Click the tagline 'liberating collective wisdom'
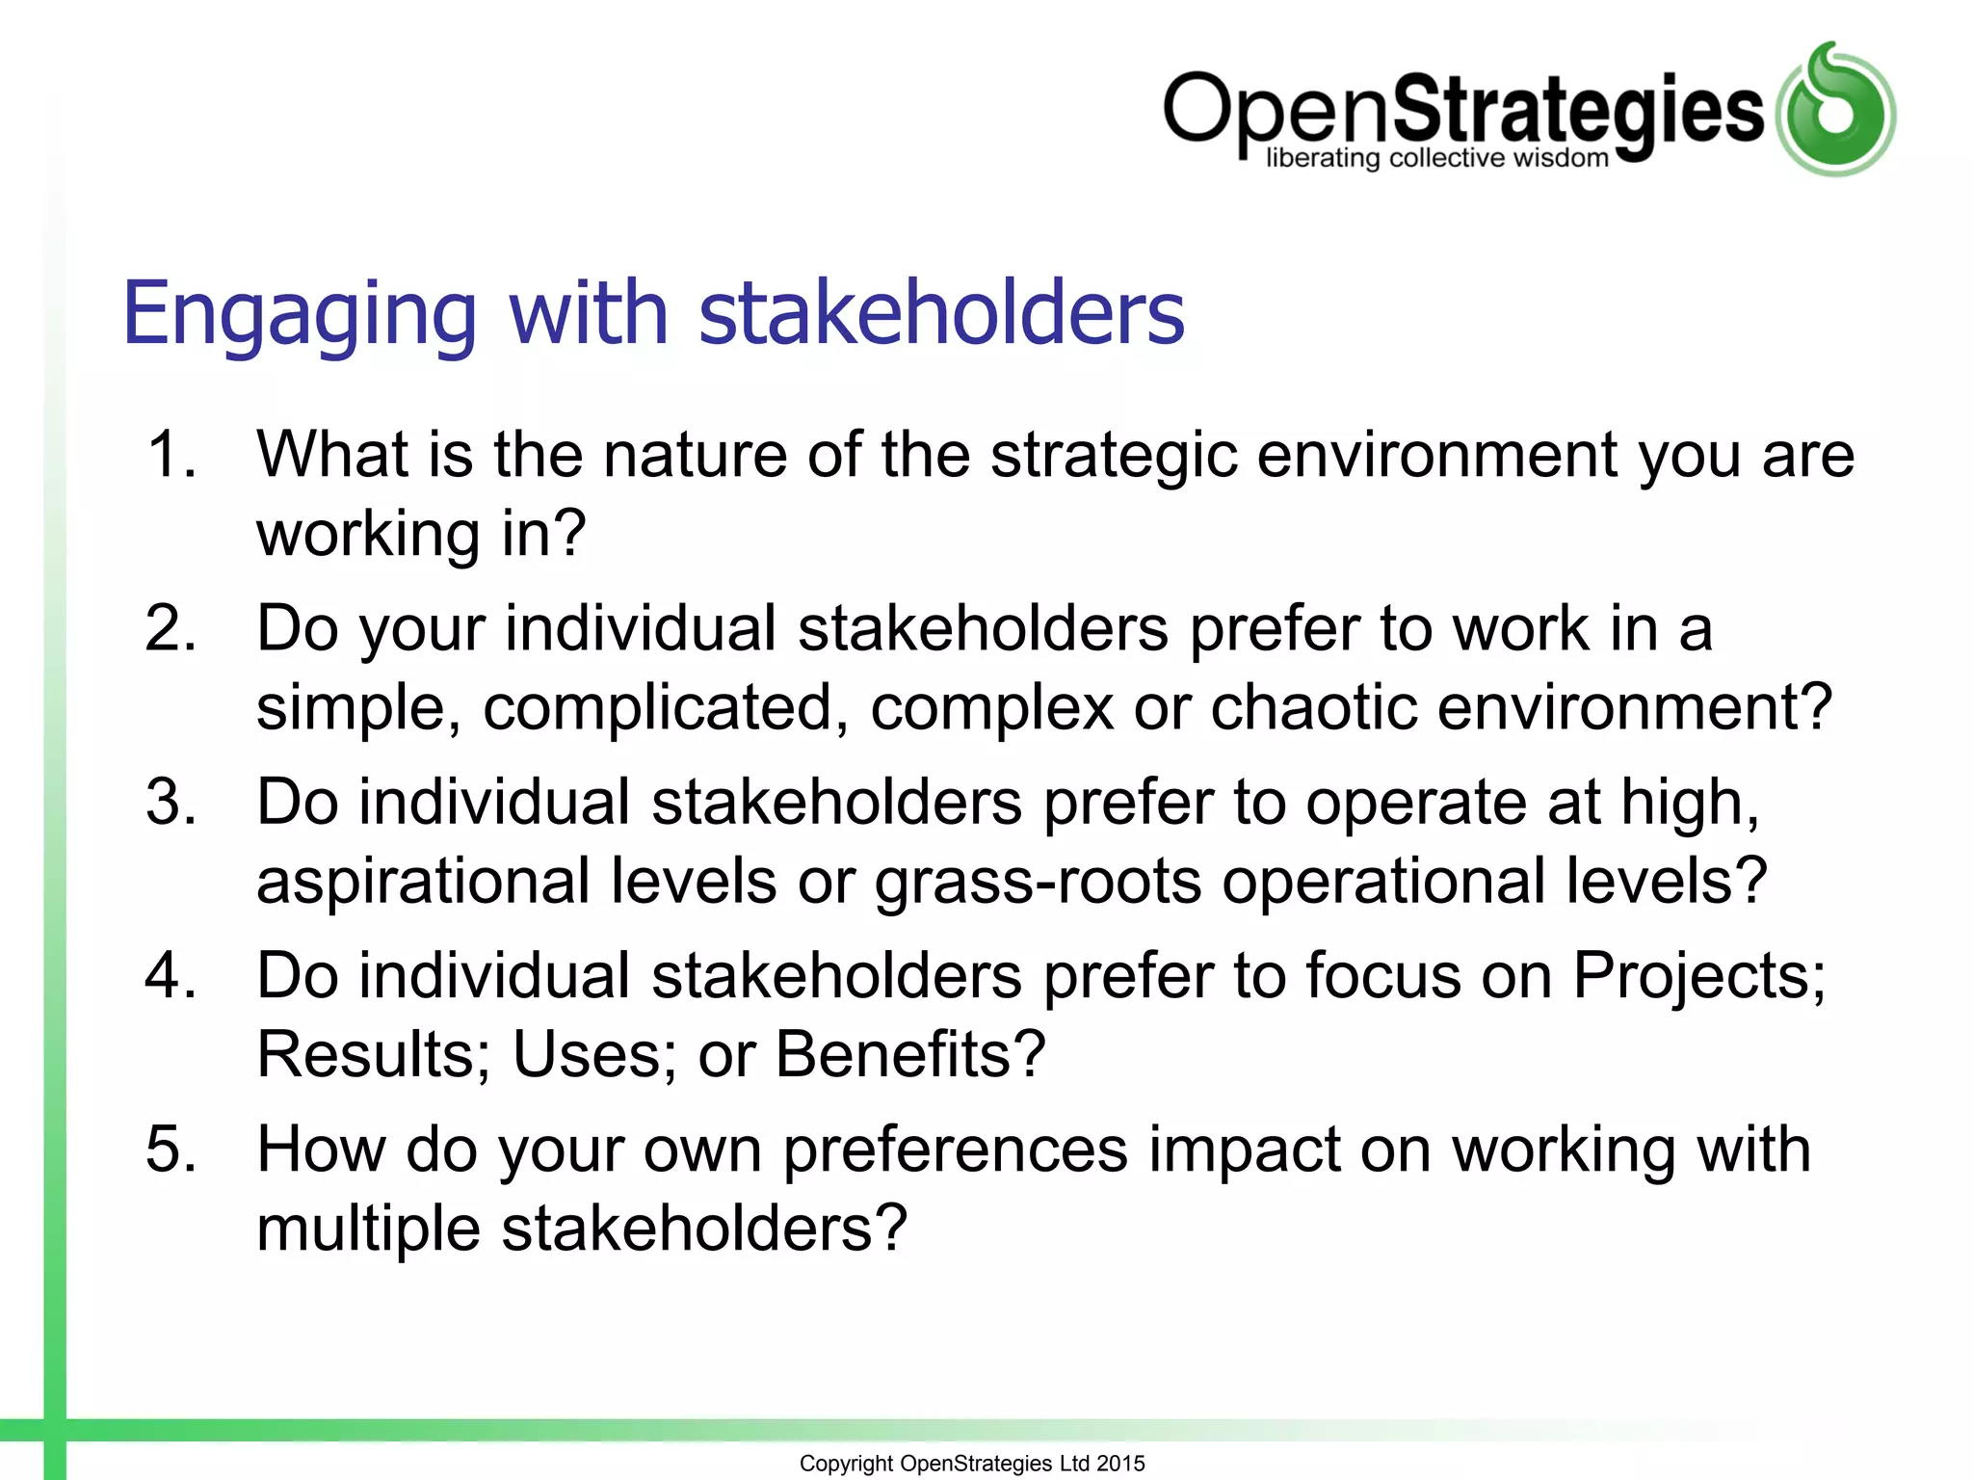pos(1436,158)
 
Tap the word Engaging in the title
pos(300,313)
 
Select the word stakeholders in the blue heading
pos(941,313)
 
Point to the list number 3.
pos(171,802)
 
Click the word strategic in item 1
pos(1114,454)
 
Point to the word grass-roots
pos(1038,881)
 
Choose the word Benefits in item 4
pos(909,1054)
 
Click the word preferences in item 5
pos(955,1150)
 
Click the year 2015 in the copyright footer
pos(1120,1464)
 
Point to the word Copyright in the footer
pos(846,1464)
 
